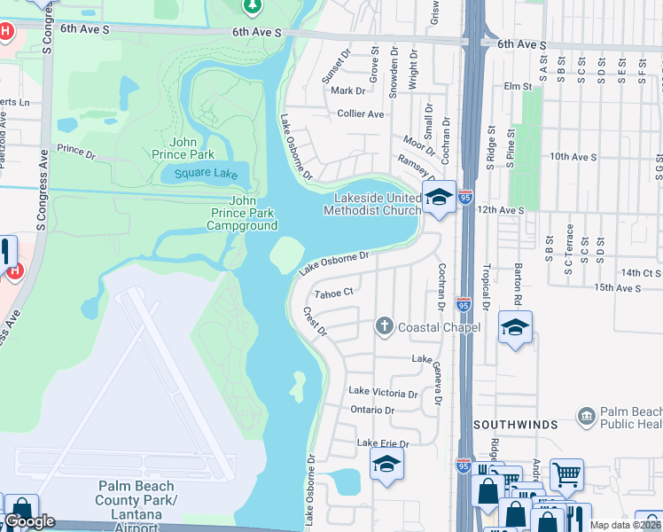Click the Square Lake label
click(x=206, y=174)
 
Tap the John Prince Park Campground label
click(x=242, y=214)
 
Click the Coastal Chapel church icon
click(x=385, y=327)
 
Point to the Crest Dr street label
click(x=316, y=322)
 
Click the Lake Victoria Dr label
click(x=383, y=392)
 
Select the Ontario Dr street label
click(x=372, y=410)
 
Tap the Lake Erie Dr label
click(x=383, y=443)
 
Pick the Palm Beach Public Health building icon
click(x=586, y=416)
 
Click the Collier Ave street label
click(x=361, y=113)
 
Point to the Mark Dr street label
click(x=347, y=90)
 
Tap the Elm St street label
click(x=517, y=87)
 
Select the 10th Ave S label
click(x=571, y=156)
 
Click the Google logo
click(x=29, y=521)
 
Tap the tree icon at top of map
click(x=253, y=6)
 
